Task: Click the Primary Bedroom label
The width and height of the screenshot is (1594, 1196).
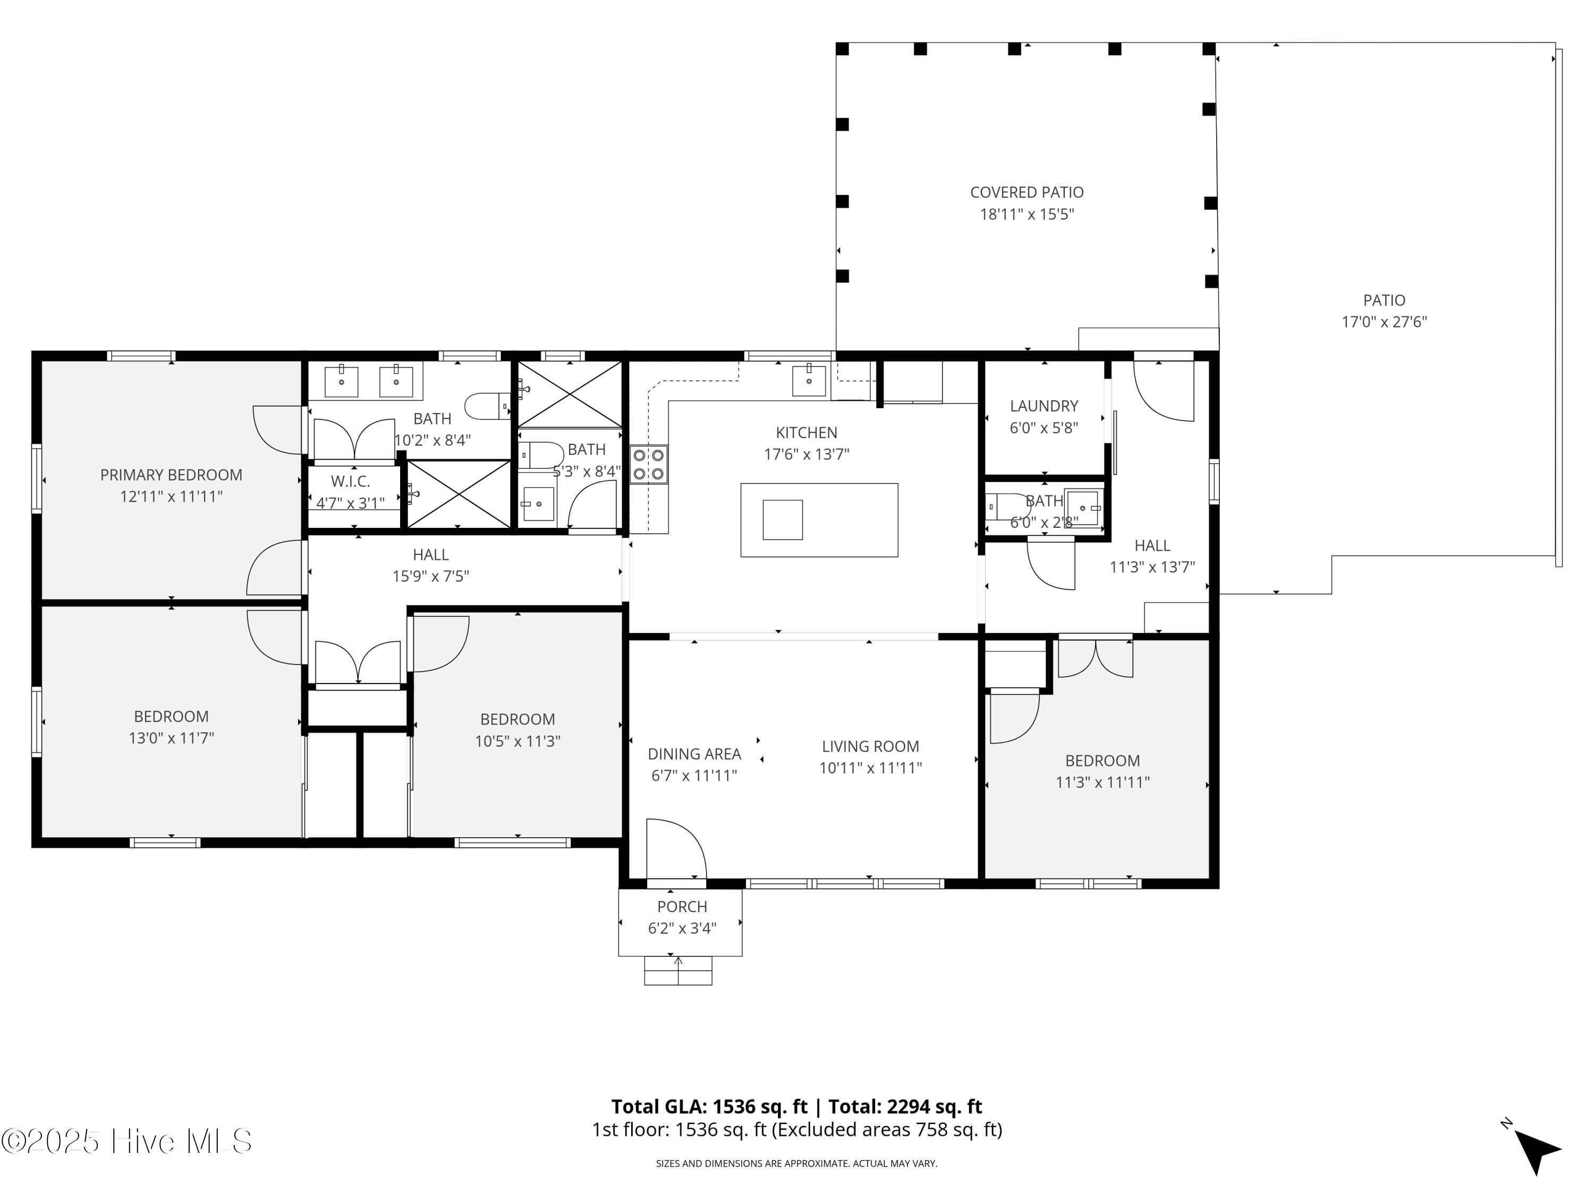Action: (171, 475)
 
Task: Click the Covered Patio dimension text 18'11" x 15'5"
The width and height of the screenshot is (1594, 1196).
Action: (1027, 214)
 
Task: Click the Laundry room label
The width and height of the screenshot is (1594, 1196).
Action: (1044, 406)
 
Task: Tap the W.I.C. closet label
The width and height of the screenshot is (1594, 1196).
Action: (351, 482)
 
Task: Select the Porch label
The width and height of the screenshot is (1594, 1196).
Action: (682, 907)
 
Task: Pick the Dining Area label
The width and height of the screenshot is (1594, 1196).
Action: (694, 754)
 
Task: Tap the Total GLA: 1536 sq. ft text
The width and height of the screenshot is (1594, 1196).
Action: (709, 1107)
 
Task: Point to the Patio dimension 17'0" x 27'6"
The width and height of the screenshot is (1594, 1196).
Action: (1384, 322)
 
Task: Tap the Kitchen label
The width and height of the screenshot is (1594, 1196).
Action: (807, 433)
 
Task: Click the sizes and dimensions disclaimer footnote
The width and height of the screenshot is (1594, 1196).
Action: (796, 1164)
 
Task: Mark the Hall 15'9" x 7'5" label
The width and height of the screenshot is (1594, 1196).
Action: (431, 565)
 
